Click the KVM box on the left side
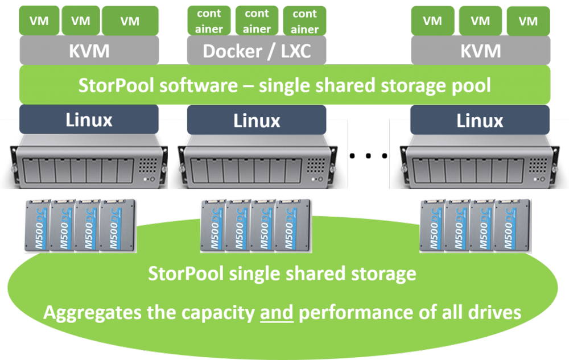(x=90, y=51)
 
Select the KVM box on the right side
(x=481, y=51)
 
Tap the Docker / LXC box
(x=257, y=51)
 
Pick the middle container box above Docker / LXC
(x=257, y=20)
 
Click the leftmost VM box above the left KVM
(x=38, y=20)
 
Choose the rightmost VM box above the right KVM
(x=529, y=20)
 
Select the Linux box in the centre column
(x=257, y=120)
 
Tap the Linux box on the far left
(x=89, y=120)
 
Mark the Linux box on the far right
(x=480, y=120)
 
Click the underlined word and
(x=277, y=312)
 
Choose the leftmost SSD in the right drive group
(x=433, y=226)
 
